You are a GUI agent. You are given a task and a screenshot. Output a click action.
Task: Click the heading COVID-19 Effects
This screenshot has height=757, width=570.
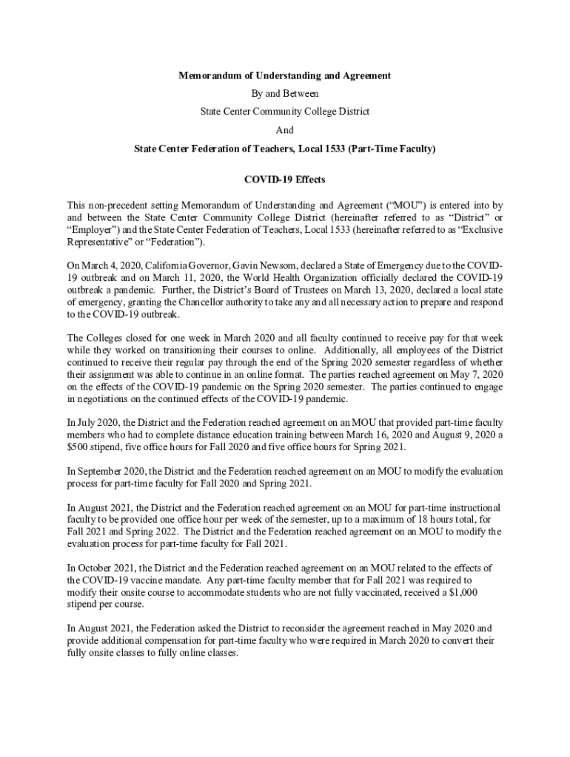point(285,180)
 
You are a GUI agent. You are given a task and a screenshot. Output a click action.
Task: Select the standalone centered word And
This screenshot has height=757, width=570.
point(285,130)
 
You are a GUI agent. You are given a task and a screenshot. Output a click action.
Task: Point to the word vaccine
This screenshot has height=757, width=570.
point(149,580)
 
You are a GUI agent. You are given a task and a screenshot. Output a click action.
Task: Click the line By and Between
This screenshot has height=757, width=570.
point(285,94)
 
